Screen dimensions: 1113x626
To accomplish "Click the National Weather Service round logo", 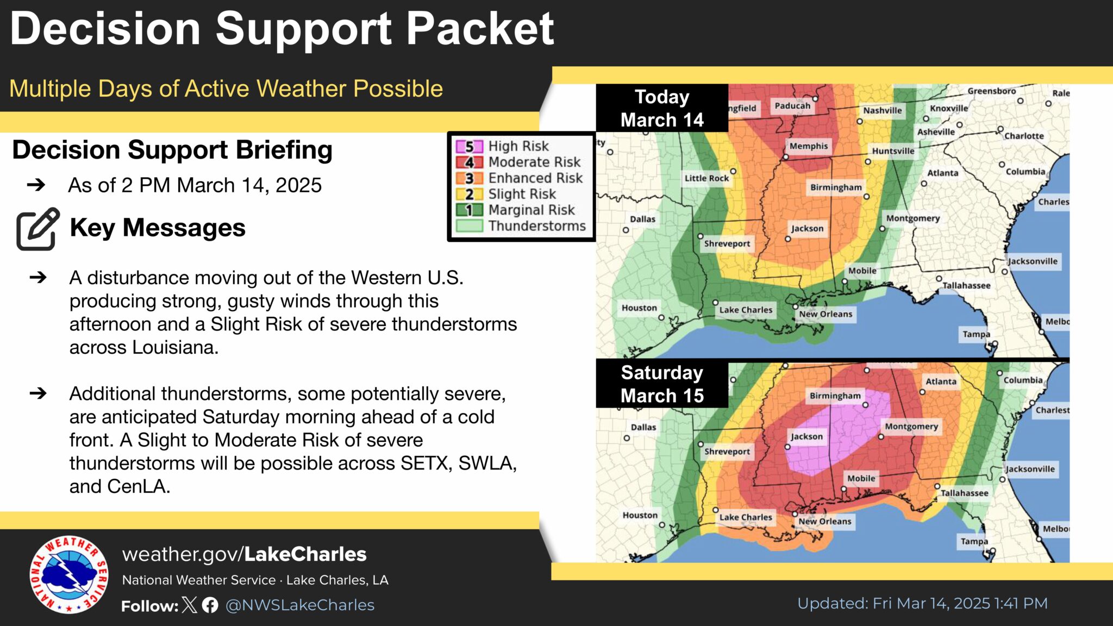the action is pyautogui.click(x=69, y=575).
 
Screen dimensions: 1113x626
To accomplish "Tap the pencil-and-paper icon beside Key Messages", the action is pyautogui.click(x=37, y=229).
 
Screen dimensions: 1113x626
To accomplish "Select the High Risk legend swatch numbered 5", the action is pyautogui.click(x=469, y=146).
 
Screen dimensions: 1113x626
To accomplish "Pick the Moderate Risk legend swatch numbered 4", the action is pyautogui.click(x=469, y=162).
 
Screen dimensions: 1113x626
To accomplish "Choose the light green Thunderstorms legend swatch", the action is pyautogui.click(x=469, y=226).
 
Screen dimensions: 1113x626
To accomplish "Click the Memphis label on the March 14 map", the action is pyautogui.click(x=809, y=146).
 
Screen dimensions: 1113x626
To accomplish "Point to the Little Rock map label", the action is pyautogui.click(x=706, y=178).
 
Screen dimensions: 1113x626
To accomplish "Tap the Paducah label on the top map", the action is pyautogui.click(x=792, y=106).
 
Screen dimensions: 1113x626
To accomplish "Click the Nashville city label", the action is pyautogui.click(x=882, y=110).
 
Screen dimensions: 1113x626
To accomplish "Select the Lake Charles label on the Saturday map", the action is pyautogui.click(x=746, y=517).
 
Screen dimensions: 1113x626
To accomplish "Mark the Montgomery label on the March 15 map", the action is pyautogui.click(x=911, y=427).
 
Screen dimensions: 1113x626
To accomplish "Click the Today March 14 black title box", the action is pyautogui.click(x=662, y=108).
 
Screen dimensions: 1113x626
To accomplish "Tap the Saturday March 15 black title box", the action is pyautogui.click(x=662, y=384).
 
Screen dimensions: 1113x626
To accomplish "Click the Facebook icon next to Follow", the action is pyautogui.click(x=210, y=605).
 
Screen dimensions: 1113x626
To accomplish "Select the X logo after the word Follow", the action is pyautogui.click(x=190, y=605).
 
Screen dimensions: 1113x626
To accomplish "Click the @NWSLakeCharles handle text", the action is pyautogui.click(x=300, y=605).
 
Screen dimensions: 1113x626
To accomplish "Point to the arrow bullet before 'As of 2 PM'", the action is pyautogui.click(x=36, y=185).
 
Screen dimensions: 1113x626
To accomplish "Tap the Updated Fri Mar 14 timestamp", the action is pyautogui.click(x=922, y=603).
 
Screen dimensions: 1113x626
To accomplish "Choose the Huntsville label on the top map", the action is pyautogui.click(x=893, y=151).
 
